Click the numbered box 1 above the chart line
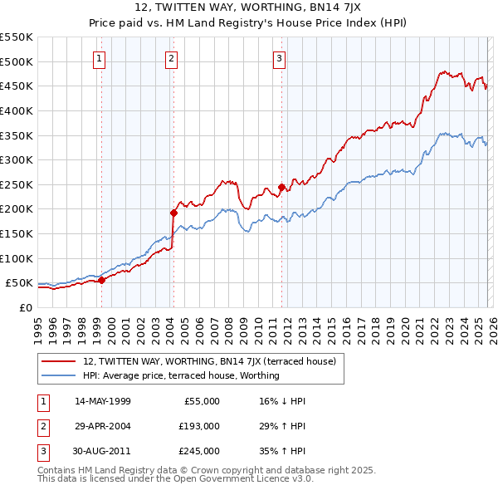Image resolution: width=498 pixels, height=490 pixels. [99, 58]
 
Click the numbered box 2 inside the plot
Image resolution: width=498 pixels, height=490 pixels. [171, 58]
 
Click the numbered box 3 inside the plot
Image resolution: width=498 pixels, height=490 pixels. [280, 58]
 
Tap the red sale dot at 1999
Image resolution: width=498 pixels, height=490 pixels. [101, 280]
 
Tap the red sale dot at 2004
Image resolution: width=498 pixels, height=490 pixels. [174, 213]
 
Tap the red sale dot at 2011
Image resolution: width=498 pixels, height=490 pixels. [281, 187]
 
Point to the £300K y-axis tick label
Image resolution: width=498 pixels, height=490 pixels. [17, 159]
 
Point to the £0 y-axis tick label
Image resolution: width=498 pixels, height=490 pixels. [26, 307]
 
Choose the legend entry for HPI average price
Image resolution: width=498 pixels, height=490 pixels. [181, 375]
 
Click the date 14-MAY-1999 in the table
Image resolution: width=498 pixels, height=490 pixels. [102, 401]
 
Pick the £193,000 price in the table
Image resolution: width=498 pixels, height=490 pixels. [199, 426]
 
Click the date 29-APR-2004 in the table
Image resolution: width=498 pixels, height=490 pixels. [102, 426]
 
